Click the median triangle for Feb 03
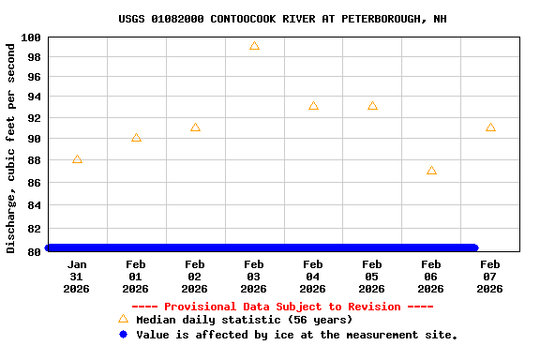[x=254, y=46]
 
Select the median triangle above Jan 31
[x=77, y=159]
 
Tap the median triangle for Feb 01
[x=136, y=138]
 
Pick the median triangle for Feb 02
[x=195, y=127]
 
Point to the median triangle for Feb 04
[x=313, y=106]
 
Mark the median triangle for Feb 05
[x=372, y=106]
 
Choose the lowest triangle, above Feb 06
[x=431, y=171]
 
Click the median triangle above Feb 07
[x=490, y=127]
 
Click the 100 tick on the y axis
[x=30, y=37]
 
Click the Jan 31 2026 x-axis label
[x=77, y=277]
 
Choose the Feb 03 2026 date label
[x=254, y=277]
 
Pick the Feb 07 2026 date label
[x=490, y=277]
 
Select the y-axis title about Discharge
[x=11, y=147]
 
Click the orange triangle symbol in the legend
[x=123, y=319]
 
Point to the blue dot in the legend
[x=123, y=334]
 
